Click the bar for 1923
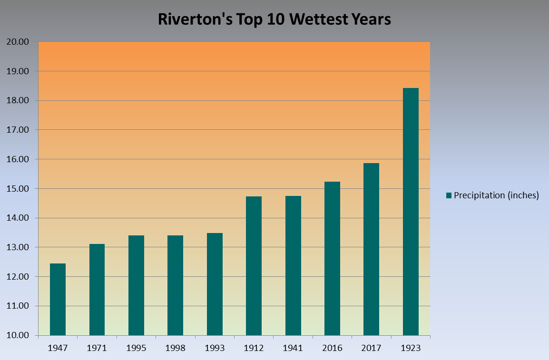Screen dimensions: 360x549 [x=411, y=212]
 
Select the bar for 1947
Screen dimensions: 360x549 [x=58, y=299]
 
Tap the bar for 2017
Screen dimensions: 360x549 [x=371, y=249]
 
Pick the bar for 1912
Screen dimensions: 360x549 [x=254, y=266]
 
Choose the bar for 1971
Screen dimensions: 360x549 [x=97, y=290]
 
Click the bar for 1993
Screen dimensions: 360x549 [x=215, y=284]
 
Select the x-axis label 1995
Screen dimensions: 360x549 [x=136, y=348]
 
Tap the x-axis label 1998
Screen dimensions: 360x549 [x=175, y=348]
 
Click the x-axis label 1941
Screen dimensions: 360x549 [x=293, y=348]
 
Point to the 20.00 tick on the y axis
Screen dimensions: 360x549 [x=18, y=42]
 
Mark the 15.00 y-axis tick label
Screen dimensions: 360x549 [x=18, y=189]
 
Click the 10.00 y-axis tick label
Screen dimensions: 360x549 [x=18, y=336]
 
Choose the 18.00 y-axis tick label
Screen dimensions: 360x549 [x=18, y=101]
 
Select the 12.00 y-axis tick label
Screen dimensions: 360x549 [x=18, y=277]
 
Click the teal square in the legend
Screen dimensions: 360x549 [x=449, y=195]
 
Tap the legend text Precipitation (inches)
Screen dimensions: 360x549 [x=496, y=195]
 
